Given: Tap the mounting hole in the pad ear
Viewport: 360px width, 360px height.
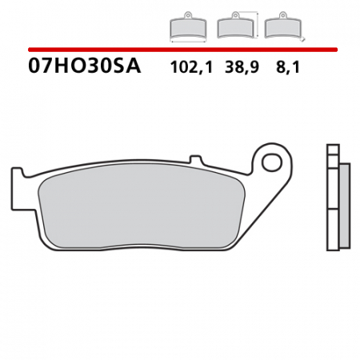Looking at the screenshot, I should [274, 165].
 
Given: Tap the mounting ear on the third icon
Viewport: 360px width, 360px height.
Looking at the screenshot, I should [280, 16].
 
